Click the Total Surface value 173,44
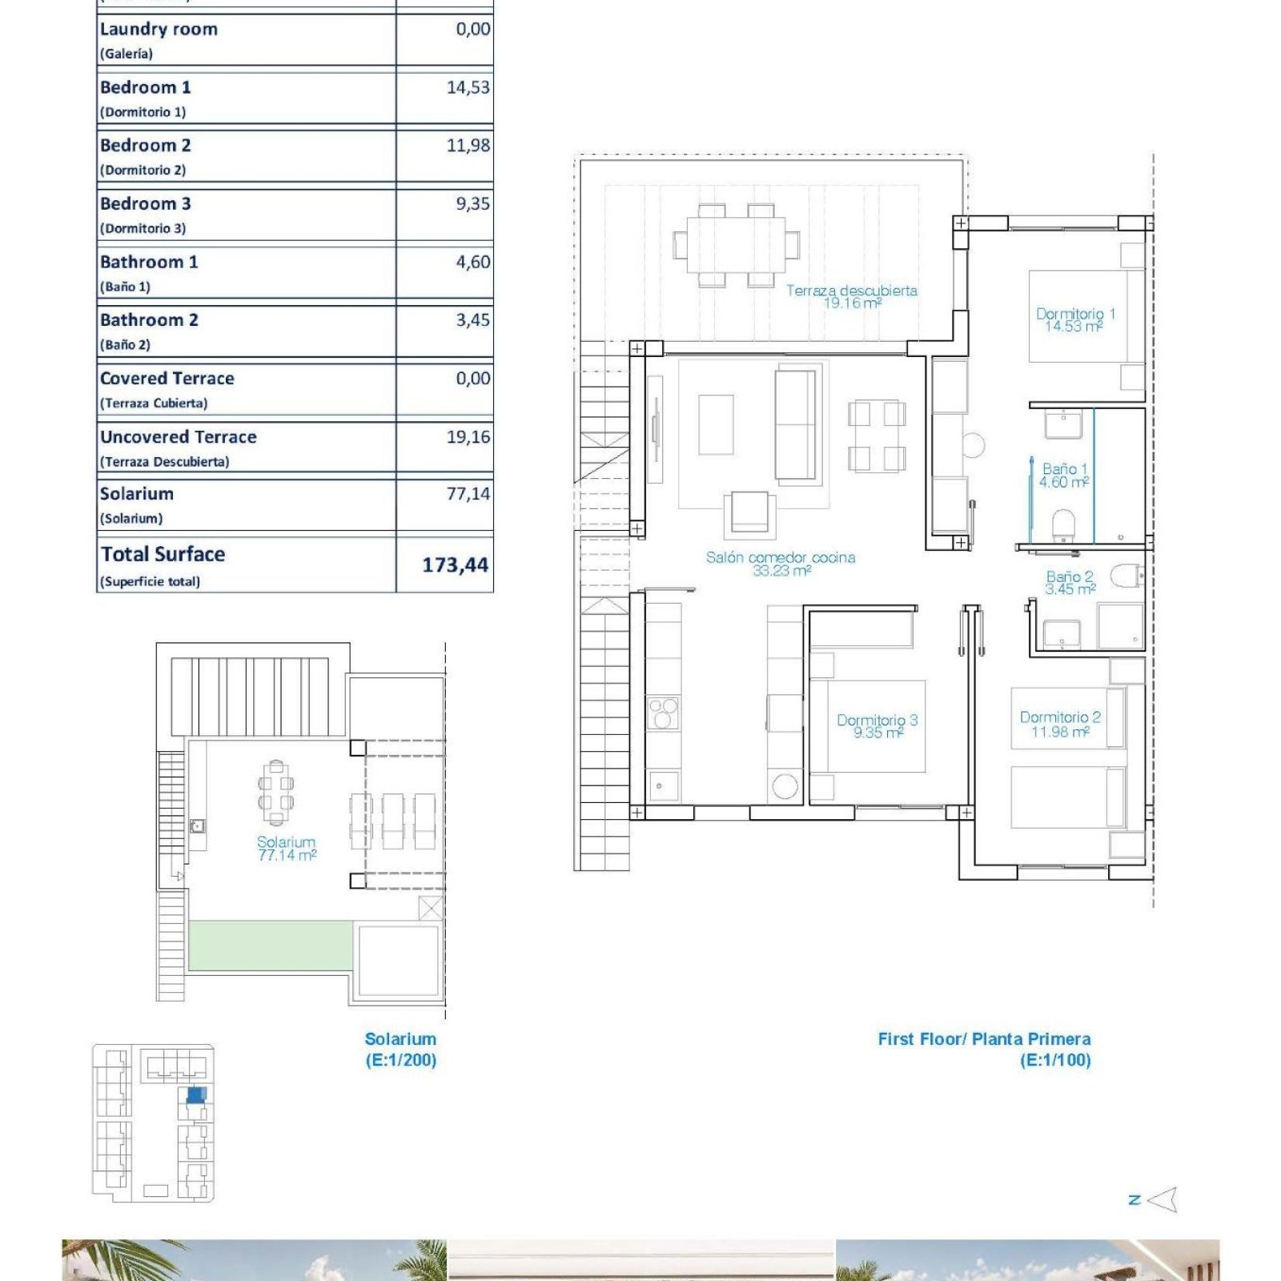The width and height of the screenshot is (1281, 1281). point(455,564)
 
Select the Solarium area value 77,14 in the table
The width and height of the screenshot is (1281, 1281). point(468,494)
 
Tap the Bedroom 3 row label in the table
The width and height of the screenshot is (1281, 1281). point(146,204)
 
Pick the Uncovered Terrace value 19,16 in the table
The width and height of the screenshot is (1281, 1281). point(468,437)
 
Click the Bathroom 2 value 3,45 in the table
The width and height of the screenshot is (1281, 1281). point(473,320)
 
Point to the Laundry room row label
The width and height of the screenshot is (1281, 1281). point(159,30)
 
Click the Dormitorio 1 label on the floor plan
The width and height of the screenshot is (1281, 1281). point(1074,314)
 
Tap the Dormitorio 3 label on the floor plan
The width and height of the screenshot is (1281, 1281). point(877,720)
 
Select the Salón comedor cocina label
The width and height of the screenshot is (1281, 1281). point(781,557)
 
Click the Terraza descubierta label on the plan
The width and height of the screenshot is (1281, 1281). point(852,290)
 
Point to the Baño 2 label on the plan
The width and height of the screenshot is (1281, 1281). point(1070,576)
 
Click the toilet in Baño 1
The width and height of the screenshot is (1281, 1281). point(1063,525)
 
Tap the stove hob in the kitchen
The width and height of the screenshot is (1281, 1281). point(664,713)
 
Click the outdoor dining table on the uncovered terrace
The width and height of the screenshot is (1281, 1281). point(737,245)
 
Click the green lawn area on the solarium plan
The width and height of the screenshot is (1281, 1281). point(271,946)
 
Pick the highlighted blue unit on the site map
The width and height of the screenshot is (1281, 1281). point(195,1095)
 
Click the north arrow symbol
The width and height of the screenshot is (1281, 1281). point(1162,1199)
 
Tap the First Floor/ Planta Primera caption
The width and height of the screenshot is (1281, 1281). point(984,1039)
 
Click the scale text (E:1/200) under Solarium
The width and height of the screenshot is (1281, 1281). point(401,1060)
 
